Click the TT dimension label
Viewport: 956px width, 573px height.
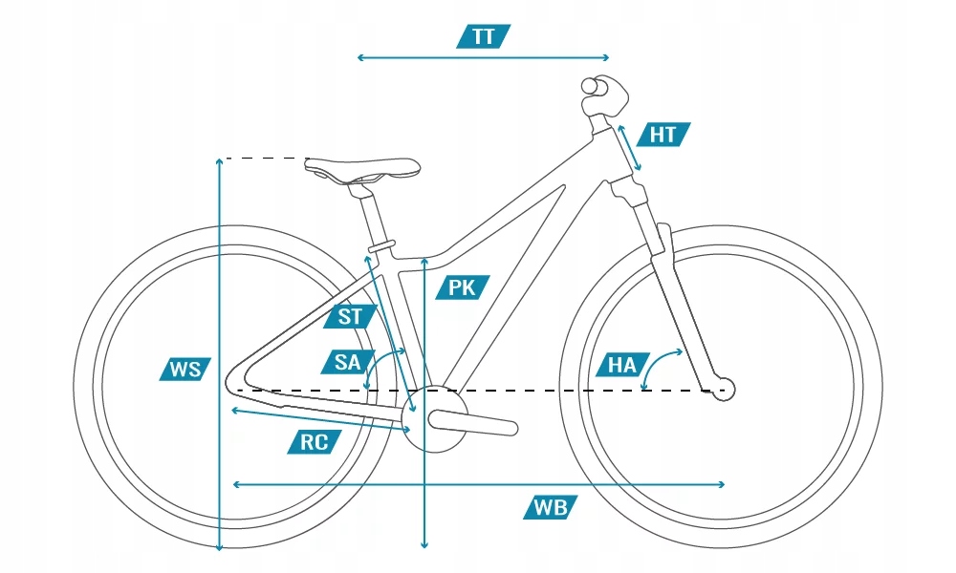(484, 37)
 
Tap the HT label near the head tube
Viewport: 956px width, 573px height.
(663, 135)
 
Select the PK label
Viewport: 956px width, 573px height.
(462, 287)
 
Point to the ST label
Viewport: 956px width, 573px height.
(351, 316)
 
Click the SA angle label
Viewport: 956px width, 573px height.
(347, 362)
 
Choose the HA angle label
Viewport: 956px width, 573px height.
(621, 364)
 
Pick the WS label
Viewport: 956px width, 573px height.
(185, 369)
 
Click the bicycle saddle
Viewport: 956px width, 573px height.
(361, 170)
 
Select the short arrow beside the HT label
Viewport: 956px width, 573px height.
(629, 148)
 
